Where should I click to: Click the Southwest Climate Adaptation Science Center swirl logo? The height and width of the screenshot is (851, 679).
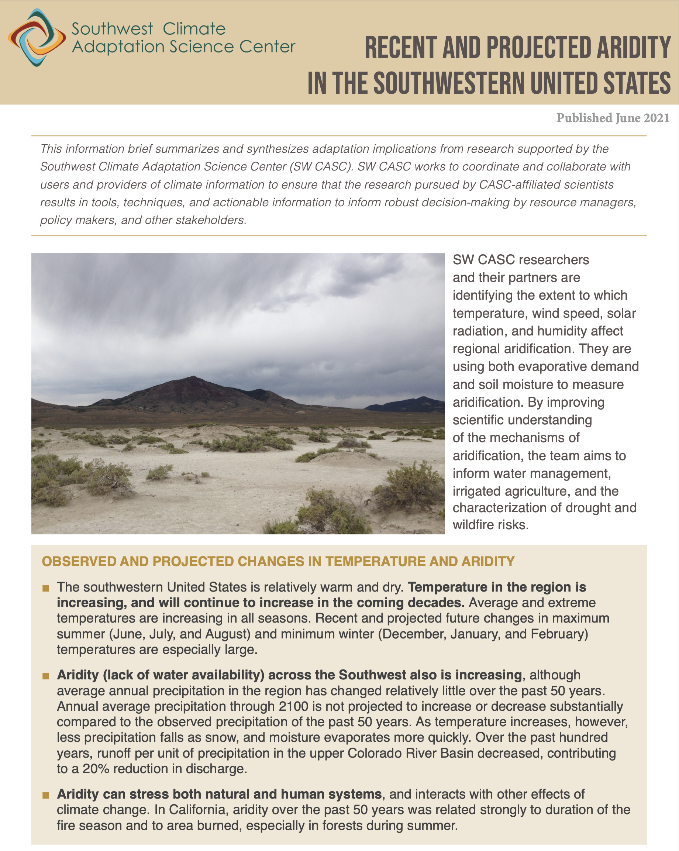click(37, 38)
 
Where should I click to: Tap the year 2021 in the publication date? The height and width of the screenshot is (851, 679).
click(656, 118)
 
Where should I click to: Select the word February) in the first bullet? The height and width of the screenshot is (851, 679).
click(559, 634)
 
